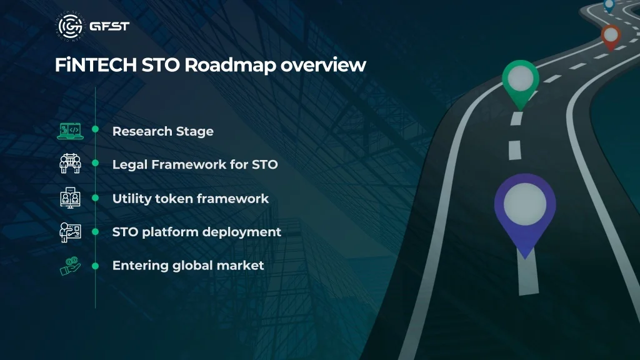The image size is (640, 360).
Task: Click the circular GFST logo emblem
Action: coord(71,26)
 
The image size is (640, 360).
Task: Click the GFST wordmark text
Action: coord(109,26)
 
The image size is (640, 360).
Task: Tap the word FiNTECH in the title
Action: coord(96,65)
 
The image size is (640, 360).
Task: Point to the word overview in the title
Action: coord(323,66)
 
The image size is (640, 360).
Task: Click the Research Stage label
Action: coord(163,131)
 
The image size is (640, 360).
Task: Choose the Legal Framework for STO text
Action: coord(195,164)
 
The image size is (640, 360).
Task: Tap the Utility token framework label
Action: coord(191,199)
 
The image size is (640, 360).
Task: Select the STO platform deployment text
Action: coord(197,232)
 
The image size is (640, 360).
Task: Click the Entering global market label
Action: coord(188,266)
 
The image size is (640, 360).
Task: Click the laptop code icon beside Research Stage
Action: coord(70,131)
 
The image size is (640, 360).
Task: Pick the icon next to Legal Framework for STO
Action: coord(70,164)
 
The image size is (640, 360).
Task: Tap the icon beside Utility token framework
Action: coord(70,198)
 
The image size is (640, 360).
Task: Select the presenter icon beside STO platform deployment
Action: coord(70,232)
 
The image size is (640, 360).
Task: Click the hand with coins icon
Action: coord(70,266)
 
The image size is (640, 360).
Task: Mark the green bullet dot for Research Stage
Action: coord(96,129)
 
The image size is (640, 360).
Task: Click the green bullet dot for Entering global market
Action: coord(96,266)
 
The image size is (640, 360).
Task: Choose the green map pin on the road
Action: coord(521,82)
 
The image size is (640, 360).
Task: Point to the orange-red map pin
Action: coord(611,37)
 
